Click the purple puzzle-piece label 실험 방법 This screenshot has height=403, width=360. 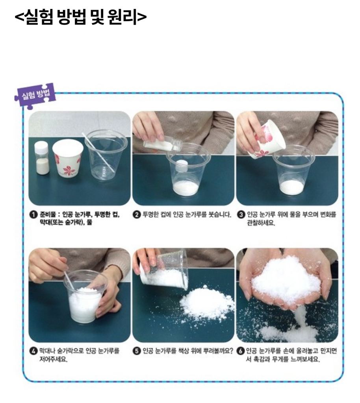tap(35, 95)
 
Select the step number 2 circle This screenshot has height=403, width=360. tap(137, 214)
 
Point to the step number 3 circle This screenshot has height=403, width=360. tap(241, 214)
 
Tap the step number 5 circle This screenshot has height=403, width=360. tap(137, 351)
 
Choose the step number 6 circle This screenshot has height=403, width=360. tap(241, 351)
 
